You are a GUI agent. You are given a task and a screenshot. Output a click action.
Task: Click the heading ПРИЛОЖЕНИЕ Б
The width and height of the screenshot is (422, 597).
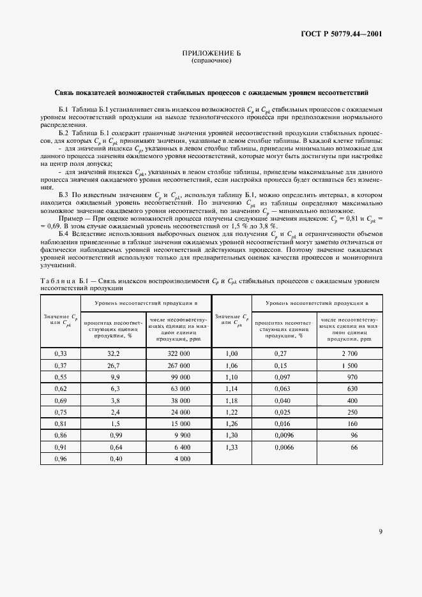click(x=211, y=54)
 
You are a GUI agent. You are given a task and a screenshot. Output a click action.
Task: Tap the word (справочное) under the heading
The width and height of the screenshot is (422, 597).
click(x=211, y=61)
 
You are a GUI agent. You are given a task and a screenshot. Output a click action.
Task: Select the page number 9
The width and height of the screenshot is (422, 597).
click(x=380, y=531)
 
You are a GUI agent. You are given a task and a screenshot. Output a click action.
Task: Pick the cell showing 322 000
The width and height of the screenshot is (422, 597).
click(x=177, y=353)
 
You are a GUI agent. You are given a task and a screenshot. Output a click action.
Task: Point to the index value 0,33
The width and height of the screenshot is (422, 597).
click(x=61, y=353)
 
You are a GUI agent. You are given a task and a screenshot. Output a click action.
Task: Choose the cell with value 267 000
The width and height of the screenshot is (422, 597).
click(x=177, y=365)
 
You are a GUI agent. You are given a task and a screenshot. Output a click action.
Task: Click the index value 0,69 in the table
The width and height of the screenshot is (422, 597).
click(x=61, y=400)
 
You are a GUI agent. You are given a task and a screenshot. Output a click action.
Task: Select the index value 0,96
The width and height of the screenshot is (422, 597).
click(x=61, y=458)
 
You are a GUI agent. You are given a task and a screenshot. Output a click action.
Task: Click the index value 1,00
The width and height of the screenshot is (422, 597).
click(x=231, y=353)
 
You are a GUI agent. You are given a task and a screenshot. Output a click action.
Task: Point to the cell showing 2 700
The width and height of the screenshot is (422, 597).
click(x=350, y=353)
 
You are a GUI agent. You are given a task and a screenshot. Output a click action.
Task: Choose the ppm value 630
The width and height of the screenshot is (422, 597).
click(x=352, y=388)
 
